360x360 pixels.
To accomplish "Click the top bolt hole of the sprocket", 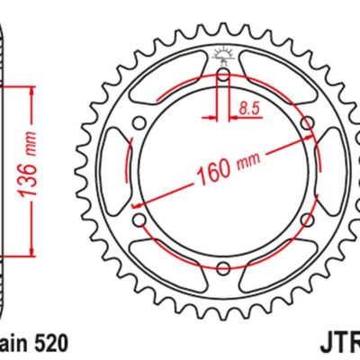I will coord(222,76).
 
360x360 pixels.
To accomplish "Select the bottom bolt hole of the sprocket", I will coord(222,265).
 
